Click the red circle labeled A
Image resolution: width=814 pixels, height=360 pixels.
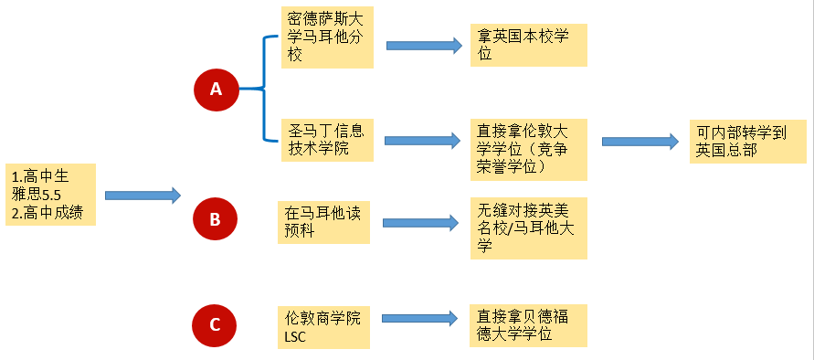tap(216, 89)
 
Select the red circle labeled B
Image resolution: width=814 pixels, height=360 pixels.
tap(215, 219)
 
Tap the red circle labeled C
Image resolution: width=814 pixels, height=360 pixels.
tap(215, 324)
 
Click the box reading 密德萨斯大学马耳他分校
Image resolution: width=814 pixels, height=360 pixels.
tap(327, 37)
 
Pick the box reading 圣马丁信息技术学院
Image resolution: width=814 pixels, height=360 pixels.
tap(327, 139)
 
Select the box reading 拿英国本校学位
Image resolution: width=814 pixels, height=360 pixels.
tap(528, 45)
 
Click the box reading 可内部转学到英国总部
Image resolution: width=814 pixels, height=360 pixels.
tap(747, 142)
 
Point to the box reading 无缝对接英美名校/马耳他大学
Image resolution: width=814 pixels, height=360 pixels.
tap(528, 228)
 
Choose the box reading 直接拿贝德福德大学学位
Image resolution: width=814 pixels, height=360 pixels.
tap(528, 326)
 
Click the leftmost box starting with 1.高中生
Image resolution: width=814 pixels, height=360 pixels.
tap(50, 194)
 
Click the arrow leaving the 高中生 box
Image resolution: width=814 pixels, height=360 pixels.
tap(143, 195)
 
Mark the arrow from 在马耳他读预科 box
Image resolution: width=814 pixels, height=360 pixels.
tap(420, 222)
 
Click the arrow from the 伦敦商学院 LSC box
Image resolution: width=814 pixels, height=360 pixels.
tap(419, 318)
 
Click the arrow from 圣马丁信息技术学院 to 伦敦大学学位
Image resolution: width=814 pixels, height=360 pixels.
tap(421, 140)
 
